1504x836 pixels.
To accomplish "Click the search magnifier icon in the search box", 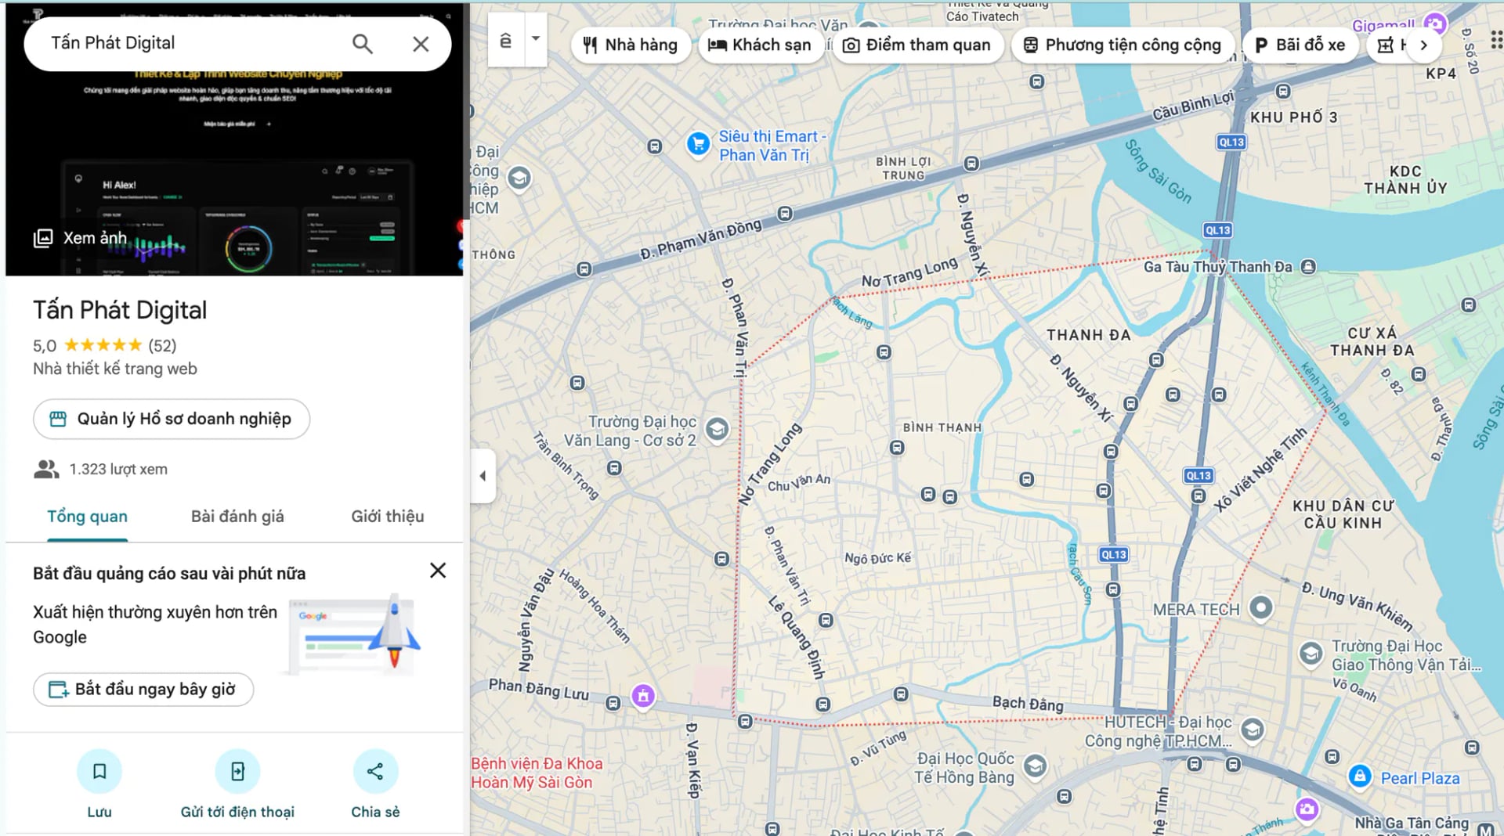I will coord(362,44).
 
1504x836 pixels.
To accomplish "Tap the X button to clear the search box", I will coord(421,44).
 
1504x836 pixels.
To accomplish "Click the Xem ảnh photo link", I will coord(80,238).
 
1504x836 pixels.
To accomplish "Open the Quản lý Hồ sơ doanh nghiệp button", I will coord(172,420).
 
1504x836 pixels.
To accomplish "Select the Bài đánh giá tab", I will coord(237,517).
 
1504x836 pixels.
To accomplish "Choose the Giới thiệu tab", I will coord(387,517).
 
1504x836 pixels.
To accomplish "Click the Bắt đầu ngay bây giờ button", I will coord(143,690).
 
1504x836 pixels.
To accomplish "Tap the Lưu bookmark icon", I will coord(99,772).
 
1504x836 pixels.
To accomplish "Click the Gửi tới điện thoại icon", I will coord(237,772).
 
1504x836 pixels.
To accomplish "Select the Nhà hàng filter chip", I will coord(631,45).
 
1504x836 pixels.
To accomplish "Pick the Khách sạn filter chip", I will coord(759,45).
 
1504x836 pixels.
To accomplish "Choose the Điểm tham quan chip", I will coord(916,45).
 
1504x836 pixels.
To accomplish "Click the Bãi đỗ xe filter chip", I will coord(1300,45).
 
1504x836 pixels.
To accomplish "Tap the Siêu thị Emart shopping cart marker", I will coord(698,144).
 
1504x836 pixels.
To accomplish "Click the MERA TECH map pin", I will coord(1260,607).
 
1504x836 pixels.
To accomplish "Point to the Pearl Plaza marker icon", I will coord(1360,777).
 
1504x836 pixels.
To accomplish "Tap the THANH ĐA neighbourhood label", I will coord(1089,336).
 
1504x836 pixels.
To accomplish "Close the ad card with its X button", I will coord(438,571).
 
